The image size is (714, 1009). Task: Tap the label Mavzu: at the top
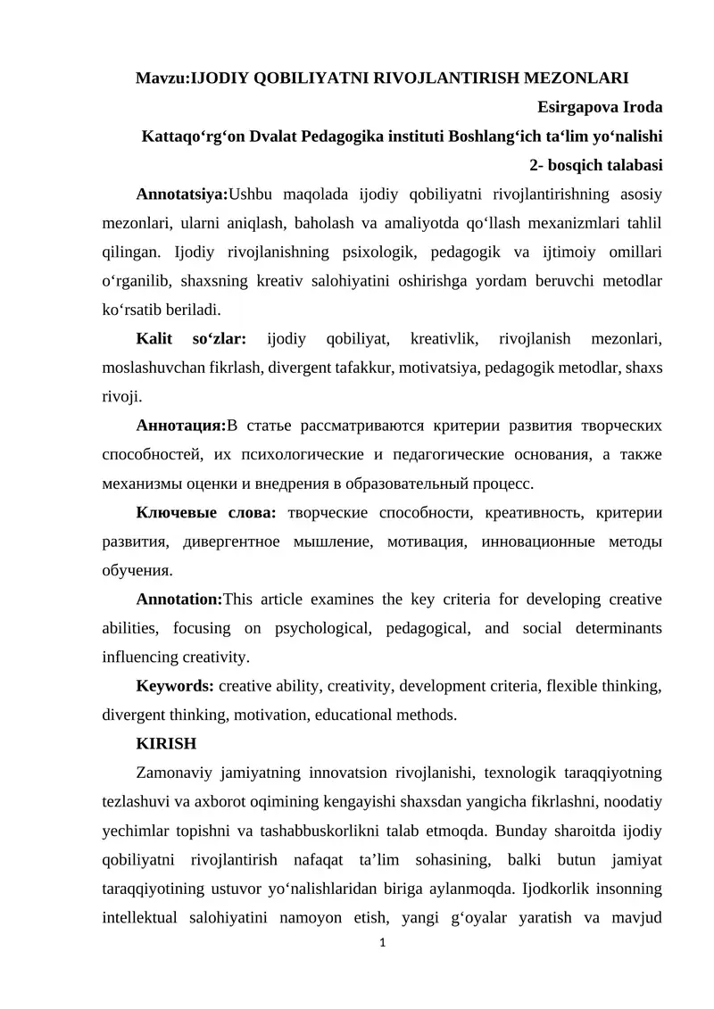pyautogui.click(x=163, y=79)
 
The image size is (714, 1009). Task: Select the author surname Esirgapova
pyautogui.click(x=580, y=107)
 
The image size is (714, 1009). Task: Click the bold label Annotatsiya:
pyautogui.click(x=182, y=194)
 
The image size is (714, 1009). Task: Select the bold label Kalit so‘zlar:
pyautogui.click(x=192, y=339)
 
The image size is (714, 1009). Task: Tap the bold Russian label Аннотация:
pyautogui.click(x=181, y=426)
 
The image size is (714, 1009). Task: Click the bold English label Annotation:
pyautogui.click(x=178, y=600)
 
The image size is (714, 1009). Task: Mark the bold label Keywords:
pyautogui.click(x=175, y=686)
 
